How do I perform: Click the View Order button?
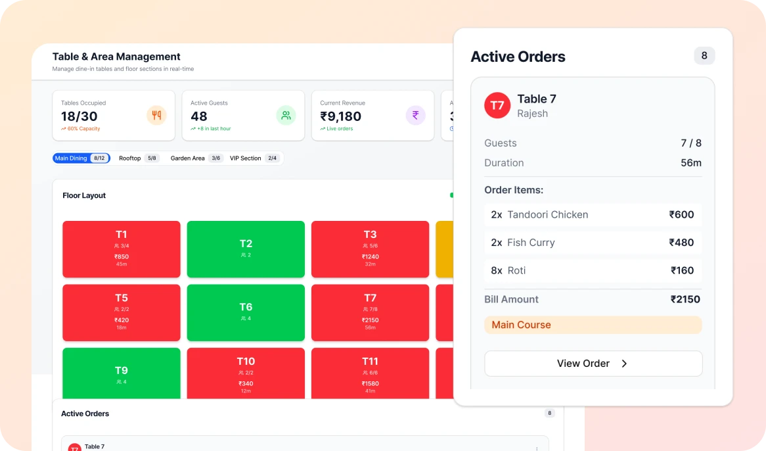coord(593,364)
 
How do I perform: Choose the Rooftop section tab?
coord(138,158)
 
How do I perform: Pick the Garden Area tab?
coord(196,158)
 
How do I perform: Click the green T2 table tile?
coord(246,249)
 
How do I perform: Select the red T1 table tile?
coord(122,249)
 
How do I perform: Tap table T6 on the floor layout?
coord(246,312)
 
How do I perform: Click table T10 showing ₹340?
coord(246,373)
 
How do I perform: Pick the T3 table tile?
coord(370,249)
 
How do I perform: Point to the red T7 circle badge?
coord(497,106)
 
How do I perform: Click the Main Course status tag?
coord(593,325)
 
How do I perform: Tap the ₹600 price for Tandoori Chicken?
coord(681,215)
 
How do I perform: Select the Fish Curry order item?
coord(531,243)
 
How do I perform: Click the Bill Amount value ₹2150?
coord(685,300)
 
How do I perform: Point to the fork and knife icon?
coord(156,116)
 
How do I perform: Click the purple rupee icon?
coord(415,116)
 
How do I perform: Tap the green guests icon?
coord(286,116)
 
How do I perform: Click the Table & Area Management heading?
coord(116,57)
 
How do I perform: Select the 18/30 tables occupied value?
coord(79,116)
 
